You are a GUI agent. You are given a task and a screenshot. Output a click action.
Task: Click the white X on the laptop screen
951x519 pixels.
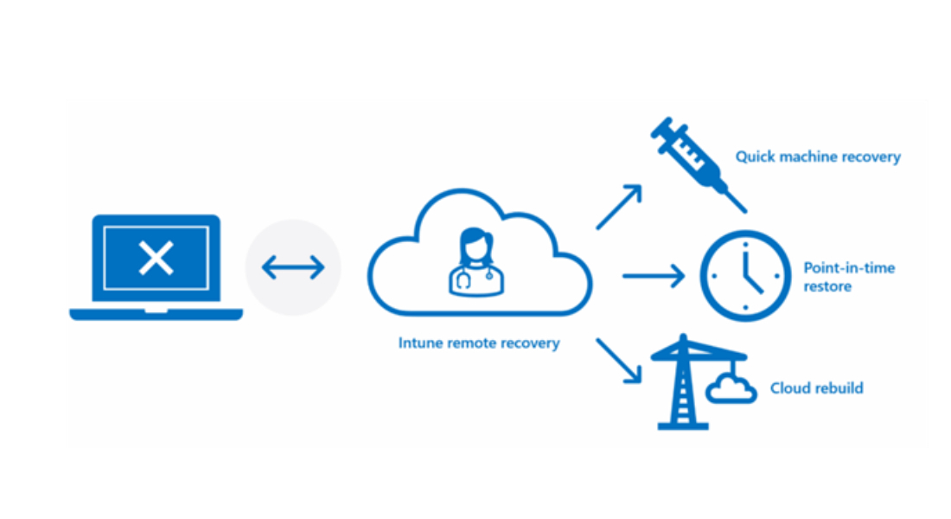pyautogui.click(x=156, y=258)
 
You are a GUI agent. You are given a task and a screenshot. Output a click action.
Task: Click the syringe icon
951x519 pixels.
pyautogui.click(x=693, y=160)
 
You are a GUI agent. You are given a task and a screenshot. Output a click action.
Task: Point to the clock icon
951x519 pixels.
pyautogui.click(x=744, y=276)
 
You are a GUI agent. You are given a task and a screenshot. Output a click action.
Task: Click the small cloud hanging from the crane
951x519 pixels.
pyautogui.click(x=731, y=390)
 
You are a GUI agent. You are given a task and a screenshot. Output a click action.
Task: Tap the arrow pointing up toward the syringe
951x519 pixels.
pyautogui.click(x=619, y=207)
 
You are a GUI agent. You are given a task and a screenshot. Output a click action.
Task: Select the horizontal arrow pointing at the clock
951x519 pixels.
pyautogui.click(x=653, y=276)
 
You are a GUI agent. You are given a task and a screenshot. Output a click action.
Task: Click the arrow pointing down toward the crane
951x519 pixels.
pyautogui.click(x=619, y=359)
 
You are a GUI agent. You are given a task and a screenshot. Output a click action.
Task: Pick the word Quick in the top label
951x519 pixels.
pyautogui.click(x=754, y=157)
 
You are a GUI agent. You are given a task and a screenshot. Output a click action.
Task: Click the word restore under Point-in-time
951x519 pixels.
pyautogui.click(x=827, y=286)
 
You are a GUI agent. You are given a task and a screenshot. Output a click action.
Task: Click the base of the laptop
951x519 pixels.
pyautogui.click(x=156, y=314)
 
